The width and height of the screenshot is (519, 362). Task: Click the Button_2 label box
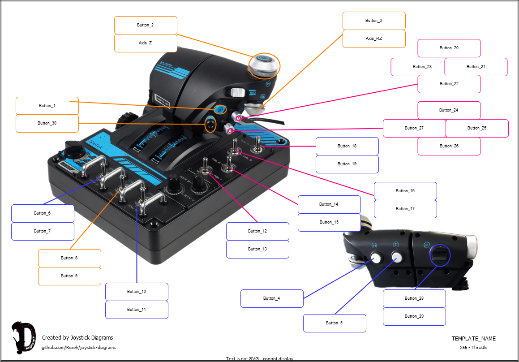click(146, 25)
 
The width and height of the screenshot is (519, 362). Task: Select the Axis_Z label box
click(146, 43)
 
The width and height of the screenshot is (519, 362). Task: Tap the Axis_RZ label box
click(374, 39)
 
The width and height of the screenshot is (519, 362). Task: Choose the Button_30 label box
click(47, 123)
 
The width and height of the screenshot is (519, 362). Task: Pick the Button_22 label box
click(449, 84)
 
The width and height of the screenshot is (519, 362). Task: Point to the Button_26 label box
click(449, 146)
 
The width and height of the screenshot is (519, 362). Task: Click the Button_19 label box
click(347, 164)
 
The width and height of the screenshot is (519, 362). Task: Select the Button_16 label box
click(405, 191)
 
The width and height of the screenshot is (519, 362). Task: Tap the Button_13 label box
click(257, 249)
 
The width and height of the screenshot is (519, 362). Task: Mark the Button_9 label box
click(69, 276)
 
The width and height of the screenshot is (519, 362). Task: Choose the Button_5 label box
click(335, 323)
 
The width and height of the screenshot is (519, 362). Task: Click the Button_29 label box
click(414, 316)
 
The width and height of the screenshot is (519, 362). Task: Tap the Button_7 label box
click(43, 231)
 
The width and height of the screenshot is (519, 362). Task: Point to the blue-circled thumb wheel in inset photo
click(439, 255)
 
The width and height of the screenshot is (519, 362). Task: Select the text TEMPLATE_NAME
click(473, 339)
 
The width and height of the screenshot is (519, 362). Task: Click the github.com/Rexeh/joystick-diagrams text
click(78, 347)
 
